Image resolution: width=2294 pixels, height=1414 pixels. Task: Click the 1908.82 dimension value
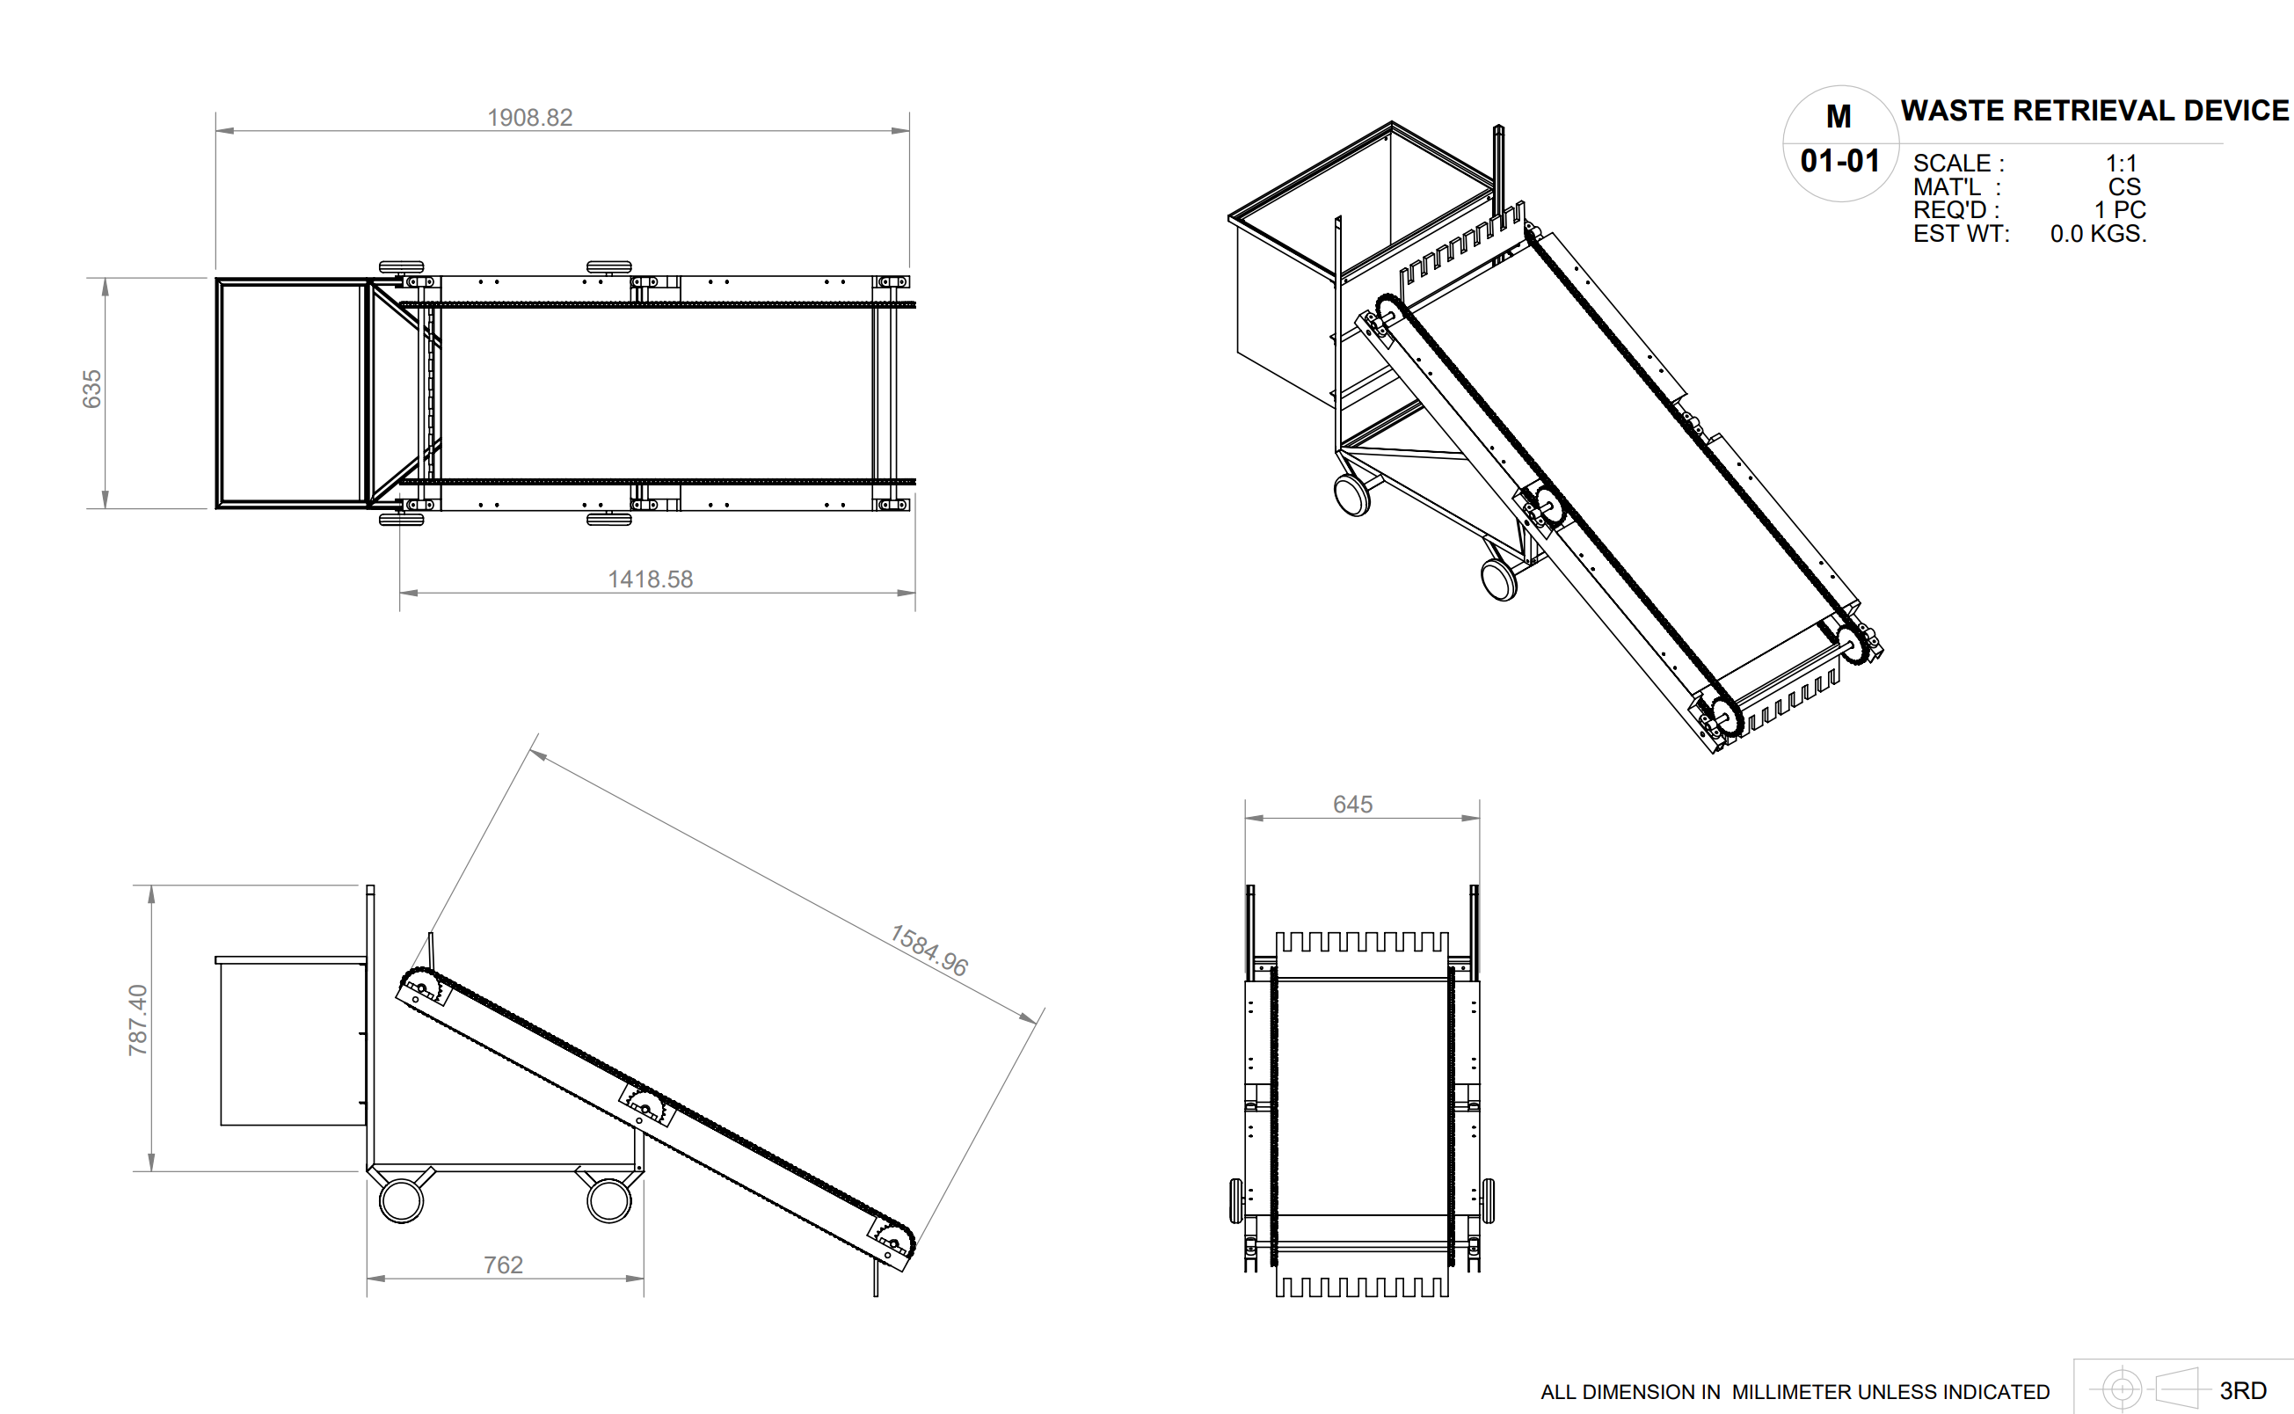pos(529,118)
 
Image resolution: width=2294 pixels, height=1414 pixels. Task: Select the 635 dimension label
pos(91,389)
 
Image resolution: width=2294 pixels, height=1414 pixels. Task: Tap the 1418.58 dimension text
pos(651,579)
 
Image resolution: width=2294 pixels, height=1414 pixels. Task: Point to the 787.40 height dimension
pos(137,1020)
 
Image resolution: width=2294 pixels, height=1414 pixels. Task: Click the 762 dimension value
pos(503,1265)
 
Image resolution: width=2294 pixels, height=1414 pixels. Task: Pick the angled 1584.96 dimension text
pos(929,951)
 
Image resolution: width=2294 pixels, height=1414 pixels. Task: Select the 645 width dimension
pos(1352,805)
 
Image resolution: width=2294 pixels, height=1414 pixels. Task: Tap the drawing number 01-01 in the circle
pos(1839,161)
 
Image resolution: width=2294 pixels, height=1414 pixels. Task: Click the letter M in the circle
pos(1839,117)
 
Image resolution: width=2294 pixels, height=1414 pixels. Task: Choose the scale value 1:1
pos(2120,163)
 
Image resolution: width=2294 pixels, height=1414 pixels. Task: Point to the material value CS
pos(2124,187)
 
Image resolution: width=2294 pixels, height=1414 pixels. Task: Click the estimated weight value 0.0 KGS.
pos(2098,234)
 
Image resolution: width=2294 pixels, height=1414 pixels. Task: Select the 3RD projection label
pos(2243,1390)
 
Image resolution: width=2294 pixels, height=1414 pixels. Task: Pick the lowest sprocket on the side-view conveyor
pos(892,1242)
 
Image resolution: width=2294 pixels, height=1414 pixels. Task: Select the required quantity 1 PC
pos(2119,210)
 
